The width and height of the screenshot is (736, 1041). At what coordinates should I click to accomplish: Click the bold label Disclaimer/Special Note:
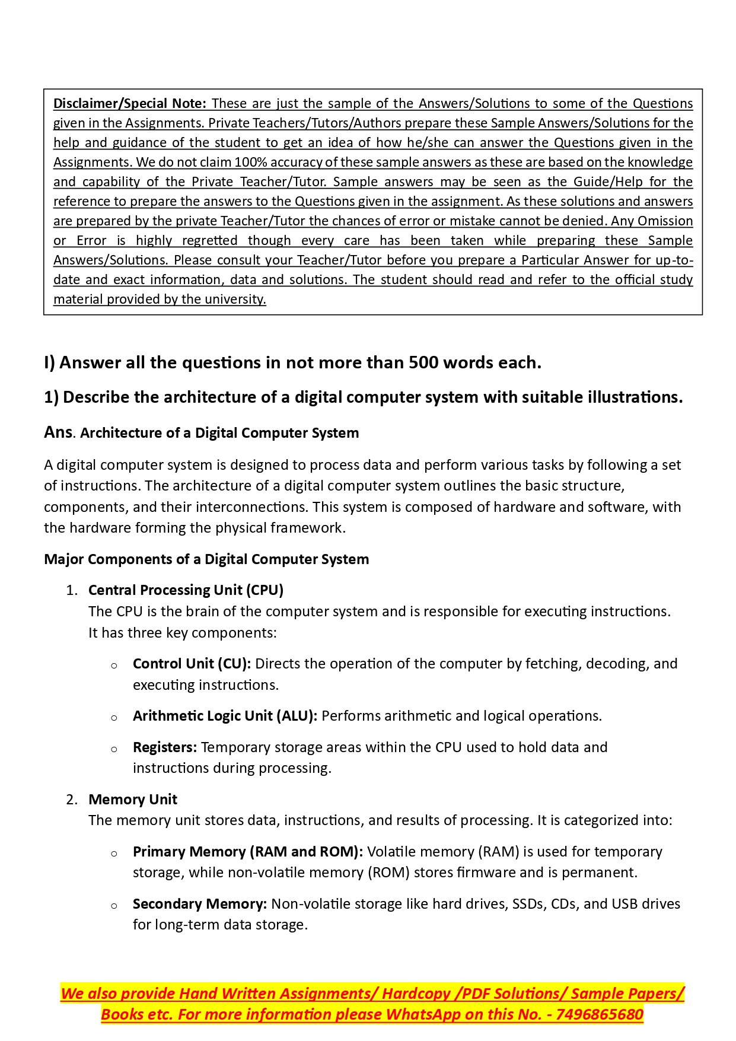tap(129, 103)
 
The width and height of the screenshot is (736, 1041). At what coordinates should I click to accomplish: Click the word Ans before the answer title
tap(58, 432)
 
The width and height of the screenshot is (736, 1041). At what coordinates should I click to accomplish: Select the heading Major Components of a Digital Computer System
tap(206, 559)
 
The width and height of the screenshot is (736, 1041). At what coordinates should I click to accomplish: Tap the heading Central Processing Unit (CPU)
tap(186, 590)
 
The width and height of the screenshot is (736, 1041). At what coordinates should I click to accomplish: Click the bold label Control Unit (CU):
tap(192, 664)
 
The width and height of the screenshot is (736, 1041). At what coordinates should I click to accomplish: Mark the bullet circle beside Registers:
tap(114, 749)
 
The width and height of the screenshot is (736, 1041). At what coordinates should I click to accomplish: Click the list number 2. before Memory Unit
tap(72, 800)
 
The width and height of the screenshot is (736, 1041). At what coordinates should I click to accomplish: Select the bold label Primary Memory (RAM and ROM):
tap(247, 852)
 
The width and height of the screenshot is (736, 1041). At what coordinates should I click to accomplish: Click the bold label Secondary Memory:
tap(200, 904)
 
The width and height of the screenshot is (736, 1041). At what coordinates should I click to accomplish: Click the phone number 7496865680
tap(600, 1014)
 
